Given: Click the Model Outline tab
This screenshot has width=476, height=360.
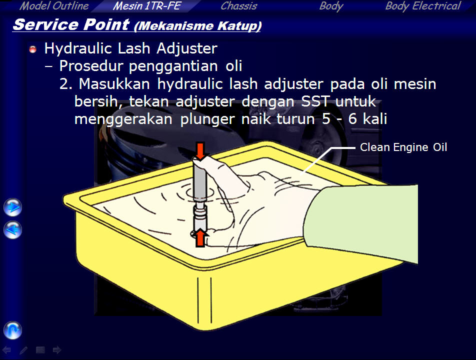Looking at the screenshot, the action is click(54, 6).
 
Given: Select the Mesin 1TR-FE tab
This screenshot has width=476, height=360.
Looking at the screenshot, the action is click(147, 6).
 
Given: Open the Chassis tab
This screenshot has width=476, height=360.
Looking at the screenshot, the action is click(239, 6).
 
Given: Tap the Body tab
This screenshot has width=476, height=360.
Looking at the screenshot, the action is click(331, 6).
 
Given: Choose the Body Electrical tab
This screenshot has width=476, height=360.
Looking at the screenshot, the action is click(423, 6).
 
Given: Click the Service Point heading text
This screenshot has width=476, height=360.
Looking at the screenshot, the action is click(71, 24).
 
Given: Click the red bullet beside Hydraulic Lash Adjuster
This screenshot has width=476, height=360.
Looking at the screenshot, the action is click(33, 49).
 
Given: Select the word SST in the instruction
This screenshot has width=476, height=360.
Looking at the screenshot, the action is click(315, 101).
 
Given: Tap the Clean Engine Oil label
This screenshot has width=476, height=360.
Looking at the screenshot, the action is click(403, 147).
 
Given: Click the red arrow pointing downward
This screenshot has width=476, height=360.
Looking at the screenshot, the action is click(200, 151).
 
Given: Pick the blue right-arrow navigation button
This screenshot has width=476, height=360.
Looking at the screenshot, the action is click(13, 207).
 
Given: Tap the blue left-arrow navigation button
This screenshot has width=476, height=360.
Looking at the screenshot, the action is click(13, 230).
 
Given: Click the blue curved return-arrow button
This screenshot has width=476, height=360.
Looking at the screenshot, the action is click(13, 330).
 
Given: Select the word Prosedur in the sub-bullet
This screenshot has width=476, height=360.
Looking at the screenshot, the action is click(91, 66).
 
